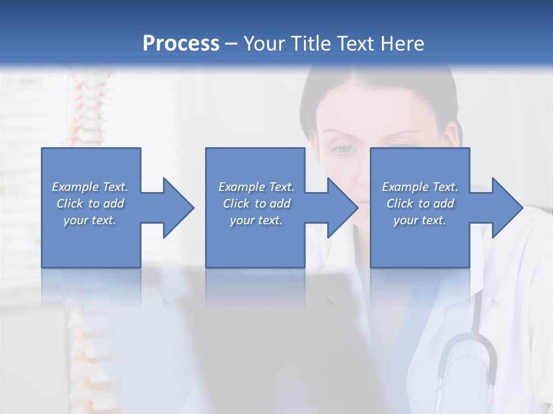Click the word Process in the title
click(x=181, y=44)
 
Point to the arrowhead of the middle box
click(x=343, y=208)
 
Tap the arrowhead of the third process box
click(x=507, y=208)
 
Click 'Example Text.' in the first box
click(x=90, y=187)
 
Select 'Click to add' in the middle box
click(x=256, y=204)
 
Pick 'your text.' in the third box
click(x=420, y=220)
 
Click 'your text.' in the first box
click(x=90, y=220)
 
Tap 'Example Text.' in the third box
click(x=420, y=187)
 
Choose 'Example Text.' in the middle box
click(x=256, y=187)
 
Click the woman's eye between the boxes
click(x=343, y=149)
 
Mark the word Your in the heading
click(x=263, y=44)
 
